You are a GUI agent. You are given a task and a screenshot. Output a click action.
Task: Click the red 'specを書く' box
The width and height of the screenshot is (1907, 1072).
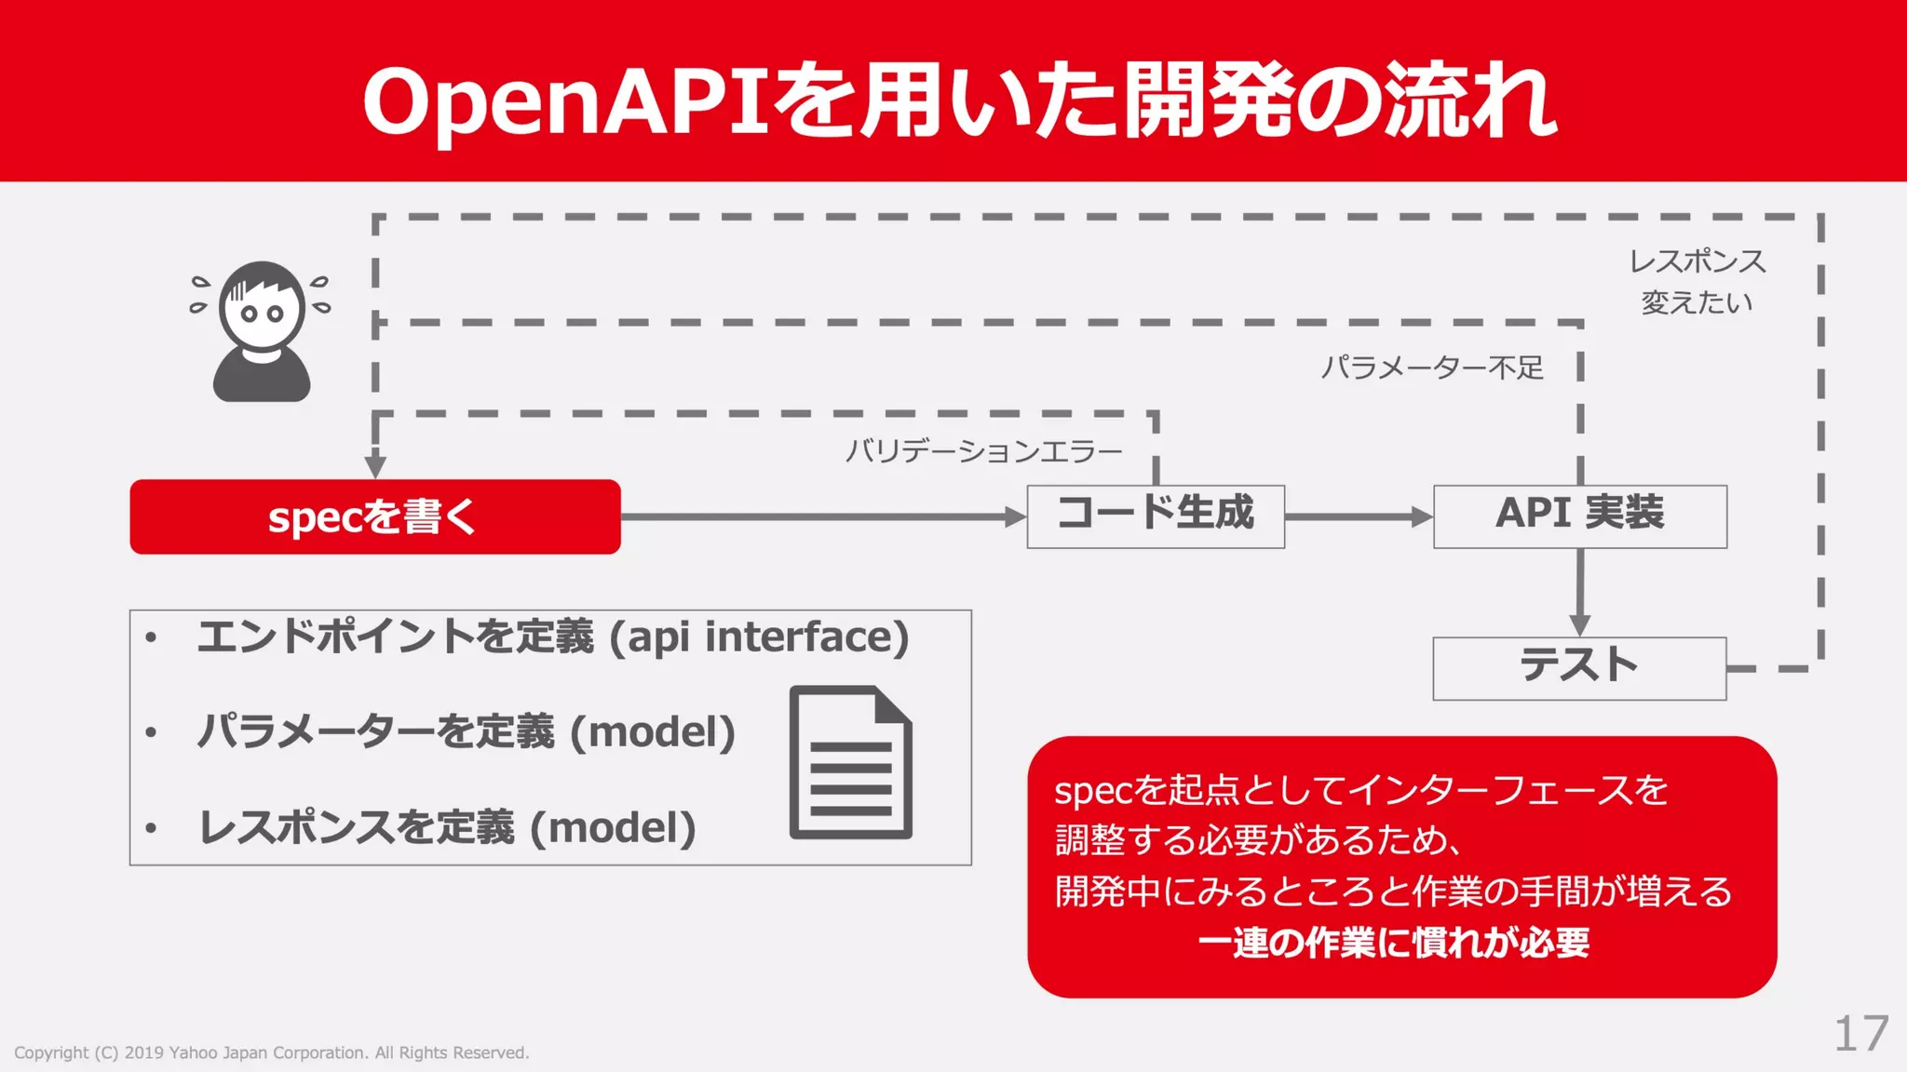click(374, 516)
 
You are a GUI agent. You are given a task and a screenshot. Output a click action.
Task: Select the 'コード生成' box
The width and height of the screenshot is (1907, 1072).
click(1156, 516)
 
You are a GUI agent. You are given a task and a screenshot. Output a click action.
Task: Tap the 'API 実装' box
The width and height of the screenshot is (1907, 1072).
click(1579, 516)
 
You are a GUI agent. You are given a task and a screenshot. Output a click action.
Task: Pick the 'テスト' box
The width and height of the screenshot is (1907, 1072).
click(1579, 667)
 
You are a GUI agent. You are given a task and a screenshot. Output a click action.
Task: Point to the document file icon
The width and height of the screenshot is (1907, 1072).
click(850, 762)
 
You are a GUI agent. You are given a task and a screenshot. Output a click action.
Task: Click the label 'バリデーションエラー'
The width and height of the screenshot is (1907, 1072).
click(983, 452)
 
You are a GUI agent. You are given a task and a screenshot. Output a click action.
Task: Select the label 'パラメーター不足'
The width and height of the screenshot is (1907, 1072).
click(1432, 368)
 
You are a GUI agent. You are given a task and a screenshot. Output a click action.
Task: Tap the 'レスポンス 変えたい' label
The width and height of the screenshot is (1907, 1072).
click(1697, 282)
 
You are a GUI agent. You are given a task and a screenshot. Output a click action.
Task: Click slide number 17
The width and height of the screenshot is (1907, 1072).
click(1860, 1034)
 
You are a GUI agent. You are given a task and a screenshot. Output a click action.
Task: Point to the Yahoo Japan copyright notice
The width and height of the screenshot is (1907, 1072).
click(271, 1052)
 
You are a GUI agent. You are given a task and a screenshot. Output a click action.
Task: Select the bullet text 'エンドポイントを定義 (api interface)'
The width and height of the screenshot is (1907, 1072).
click(552, 637)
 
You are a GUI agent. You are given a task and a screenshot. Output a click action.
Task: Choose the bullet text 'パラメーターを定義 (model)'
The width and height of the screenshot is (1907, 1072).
click(466, 732)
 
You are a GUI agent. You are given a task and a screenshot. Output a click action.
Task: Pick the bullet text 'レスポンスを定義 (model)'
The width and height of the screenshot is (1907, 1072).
click(447, 827)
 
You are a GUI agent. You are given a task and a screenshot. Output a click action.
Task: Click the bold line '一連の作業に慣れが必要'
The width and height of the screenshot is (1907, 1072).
click(1393, 943)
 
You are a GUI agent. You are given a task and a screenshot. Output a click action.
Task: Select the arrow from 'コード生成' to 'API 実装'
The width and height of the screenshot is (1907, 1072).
click(1358, 516)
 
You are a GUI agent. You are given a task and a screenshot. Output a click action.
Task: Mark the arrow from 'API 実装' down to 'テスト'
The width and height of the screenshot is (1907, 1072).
click(1579, 592)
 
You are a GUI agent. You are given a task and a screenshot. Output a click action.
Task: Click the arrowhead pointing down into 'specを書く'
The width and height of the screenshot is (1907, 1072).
click(375, 465)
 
